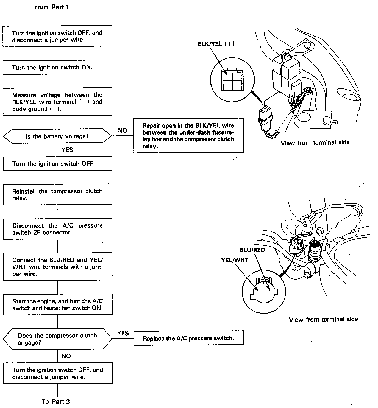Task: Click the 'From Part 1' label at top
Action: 52,7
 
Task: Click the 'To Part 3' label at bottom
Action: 56,401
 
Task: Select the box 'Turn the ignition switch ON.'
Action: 57,68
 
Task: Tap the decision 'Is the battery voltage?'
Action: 57,136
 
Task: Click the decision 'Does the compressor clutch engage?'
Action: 57,339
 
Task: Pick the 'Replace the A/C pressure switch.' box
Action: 188,338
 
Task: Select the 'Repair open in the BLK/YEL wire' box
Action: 188,136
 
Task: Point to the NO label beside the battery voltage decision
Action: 123,131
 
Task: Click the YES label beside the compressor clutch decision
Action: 123,333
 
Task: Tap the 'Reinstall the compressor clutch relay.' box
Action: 57,195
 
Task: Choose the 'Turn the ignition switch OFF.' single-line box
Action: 57,164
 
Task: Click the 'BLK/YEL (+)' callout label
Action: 216,44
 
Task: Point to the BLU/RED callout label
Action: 252,250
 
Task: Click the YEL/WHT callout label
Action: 235,260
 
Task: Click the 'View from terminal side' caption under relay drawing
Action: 315,142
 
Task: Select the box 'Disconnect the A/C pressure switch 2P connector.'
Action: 57,229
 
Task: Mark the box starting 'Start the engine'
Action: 57,304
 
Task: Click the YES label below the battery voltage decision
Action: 67,150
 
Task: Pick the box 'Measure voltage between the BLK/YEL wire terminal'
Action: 57,102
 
